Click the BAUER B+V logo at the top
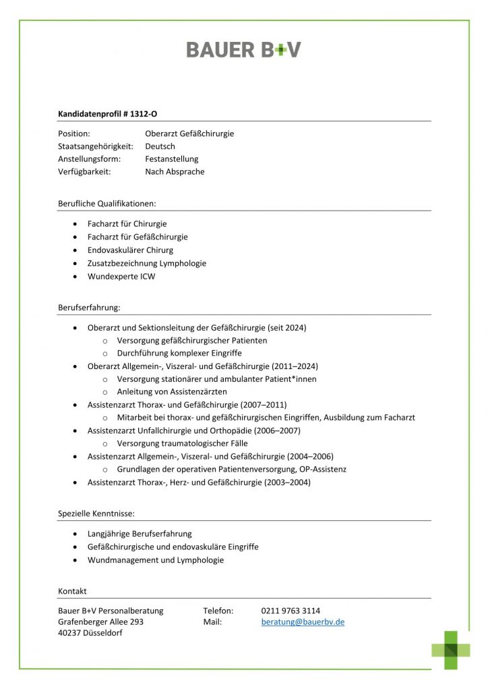point(243,49)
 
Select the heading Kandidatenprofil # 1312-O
point(112,114)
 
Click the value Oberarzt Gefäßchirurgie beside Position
point(189,134)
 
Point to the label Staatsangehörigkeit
point(96,146)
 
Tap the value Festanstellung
point(172,159)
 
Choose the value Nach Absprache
point(175,172)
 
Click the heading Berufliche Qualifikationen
point(107,203)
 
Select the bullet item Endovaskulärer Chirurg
point(130,250)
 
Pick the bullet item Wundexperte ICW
point(121,277)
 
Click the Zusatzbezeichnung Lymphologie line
point(147,263)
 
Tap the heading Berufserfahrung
point(89,308)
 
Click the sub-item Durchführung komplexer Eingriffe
point(179,353)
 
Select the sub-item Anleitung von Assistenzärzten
point(172,392)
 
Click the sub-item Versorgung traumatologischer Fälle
point(182,443)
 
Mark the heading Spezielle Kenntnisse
point(96,514)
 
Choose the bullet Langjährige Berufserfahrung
point(140,534)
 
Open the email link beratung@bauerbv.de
point(303,622)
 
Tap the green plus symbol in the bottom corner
point(451,650)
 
